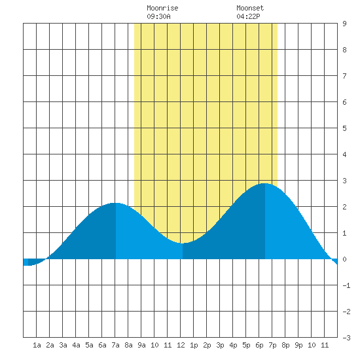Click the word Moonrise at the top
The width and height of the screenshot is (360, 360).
(162, 8)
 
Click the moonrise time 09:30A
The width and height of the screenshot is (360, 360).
(158, 16)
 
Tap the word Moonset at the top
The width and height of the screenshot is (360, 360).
(250, 8)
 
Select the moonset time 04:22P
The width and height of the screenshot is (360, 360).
(248, 16)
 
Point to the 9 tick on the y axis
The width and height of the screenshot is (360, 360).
(344, 24)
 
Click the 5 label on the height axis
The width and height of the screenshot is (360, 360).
(344, 128)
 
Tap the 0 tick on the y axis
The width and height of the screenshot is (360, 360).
(344, 259)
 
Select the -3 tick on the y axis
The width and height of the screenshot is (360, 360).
(346, 338)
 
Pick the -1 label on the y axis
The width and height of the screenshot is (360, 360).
(346, 285)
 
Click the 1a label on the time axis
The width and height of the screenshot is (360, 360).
(37, 345)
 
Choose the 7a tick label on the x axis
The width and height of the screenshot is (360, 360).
(115, 345)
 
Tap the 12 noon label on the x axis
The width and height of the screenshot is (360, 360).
(181, 345)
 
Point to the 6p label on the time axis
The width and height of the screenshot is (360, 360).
(259, 345)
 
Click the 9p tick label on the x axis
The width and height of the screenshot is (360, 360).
(298, 345)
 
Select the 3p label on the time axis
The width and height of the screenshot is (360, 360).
(220, 345)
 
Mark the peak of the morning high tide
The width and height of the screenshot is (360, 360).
(115, 203)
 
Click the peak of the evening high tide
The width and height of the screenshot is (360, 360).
(264, 183)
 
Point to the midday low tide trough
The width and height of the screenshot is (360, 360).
(183, 243)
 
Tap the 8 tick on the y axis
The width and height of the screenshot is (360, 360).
(344, 50)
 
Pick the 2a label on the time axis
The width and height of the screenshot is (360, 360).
(50, 345)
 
